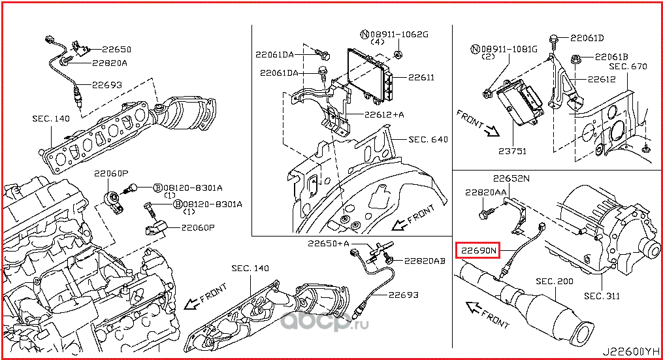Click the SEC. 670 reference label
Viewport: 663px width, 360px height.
click(x=628, y=66)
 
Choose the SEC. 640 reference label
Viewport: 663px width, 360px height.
click(x=428, y=139)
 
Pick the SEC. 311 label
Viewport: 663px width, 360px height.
click(x=602, y=296)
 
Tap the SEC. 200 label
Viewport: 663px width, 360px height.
click(x=554, y=281)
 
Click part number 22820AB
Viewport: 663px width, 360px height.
click(x=424, y=260)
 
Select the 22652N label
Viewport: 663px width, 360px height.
click(x=511, y=178)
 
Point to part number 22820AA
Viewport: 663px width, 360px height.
click(x=486, y=193)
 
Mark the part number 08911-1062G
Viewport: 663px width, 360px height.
click(x=394, y=33)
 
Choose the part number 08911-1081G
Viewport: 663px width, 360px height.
click(x=504, y=49)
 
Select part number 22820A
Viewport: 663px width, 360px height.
click(x=109, y=63)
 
